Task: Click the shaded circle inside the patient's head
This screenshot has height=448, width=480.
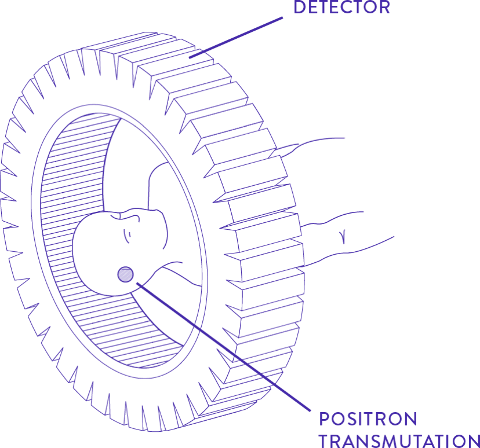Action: point(125,274)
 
